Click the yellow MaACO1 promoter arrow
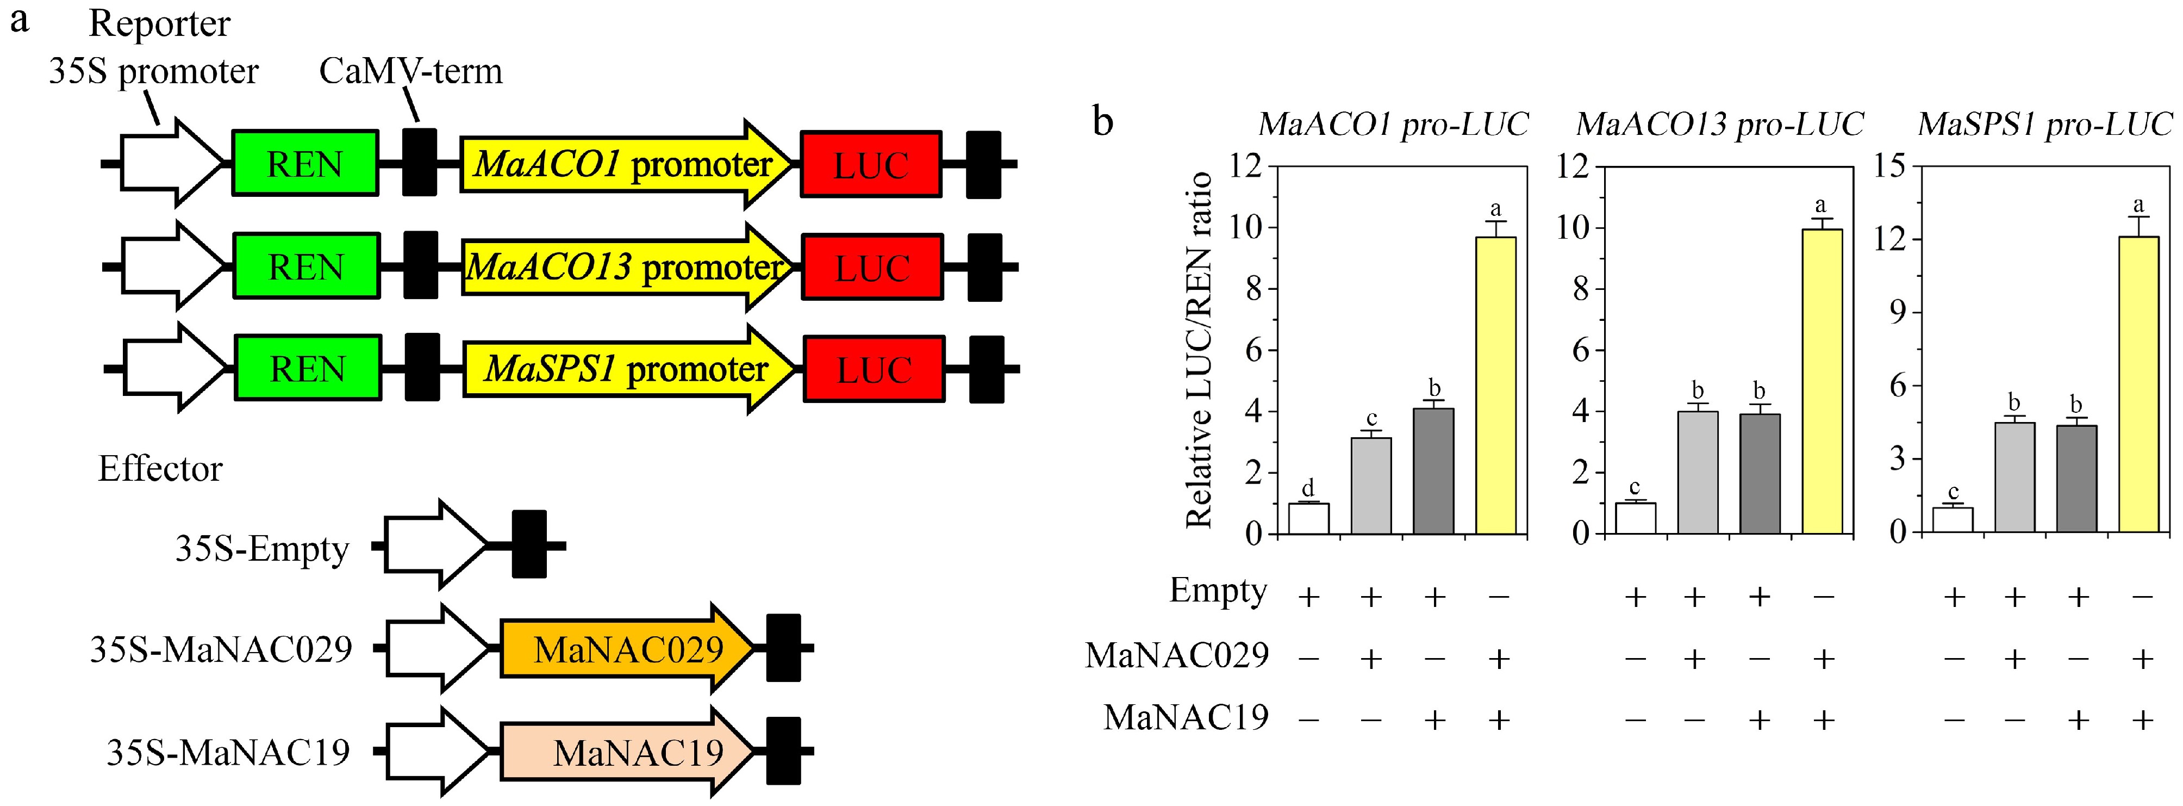click(x=623, y=164)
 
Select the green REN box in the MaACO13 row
click(x=306, y=268)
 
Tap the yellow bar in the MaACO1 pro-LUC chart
click(x=1496, y=386)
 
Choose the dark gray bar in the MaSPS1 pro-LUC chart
click(x=2076, y=479)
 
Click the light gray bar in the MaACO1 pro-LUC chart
click(x=1371, y=486)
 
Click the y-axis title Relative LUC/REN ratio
click(x=1199, y=349)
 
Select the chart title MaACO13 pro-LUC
click(x=1720, y=125)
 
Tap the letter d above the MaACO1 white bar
click(x=1308, y=488)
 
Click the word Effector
click(x=160, y=469)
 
